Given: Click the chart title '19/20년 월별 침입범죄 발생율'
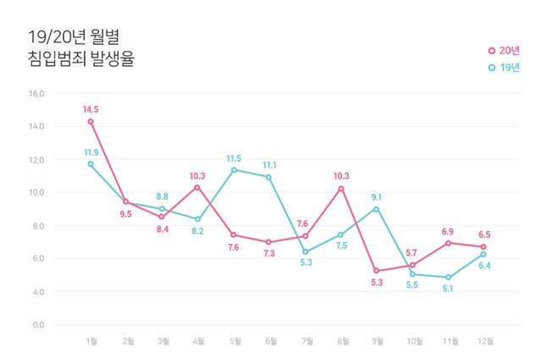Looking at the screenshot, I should coord(75,48).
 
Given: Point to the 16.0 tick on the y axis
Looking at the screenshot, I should coord(36,93).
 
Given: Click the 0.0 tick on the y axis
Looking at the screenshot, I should coord(38,324).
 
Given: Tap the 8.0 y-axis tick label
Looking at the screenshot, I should coord(38,225).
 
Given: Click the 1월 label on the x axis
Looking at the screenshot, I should coord(91,341).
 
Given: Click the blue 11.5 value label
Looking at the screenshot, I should coord(235,158).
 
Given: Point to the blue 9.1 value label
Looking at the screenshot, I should coord(377,197).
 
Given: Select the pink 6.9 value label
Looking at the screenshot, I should coord(448,231).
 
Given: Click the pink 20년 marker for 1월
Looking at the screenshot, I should coord(91,121).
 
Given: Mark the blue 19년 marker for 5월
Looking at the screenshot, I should coord(234,169).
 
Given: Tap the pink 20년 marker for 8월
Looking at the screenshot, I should coord(340,188).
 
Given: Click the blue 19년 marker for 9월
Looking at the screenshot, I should coord(376,208).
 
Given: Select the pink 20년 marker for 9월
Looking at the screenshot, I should coord(376,270).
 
